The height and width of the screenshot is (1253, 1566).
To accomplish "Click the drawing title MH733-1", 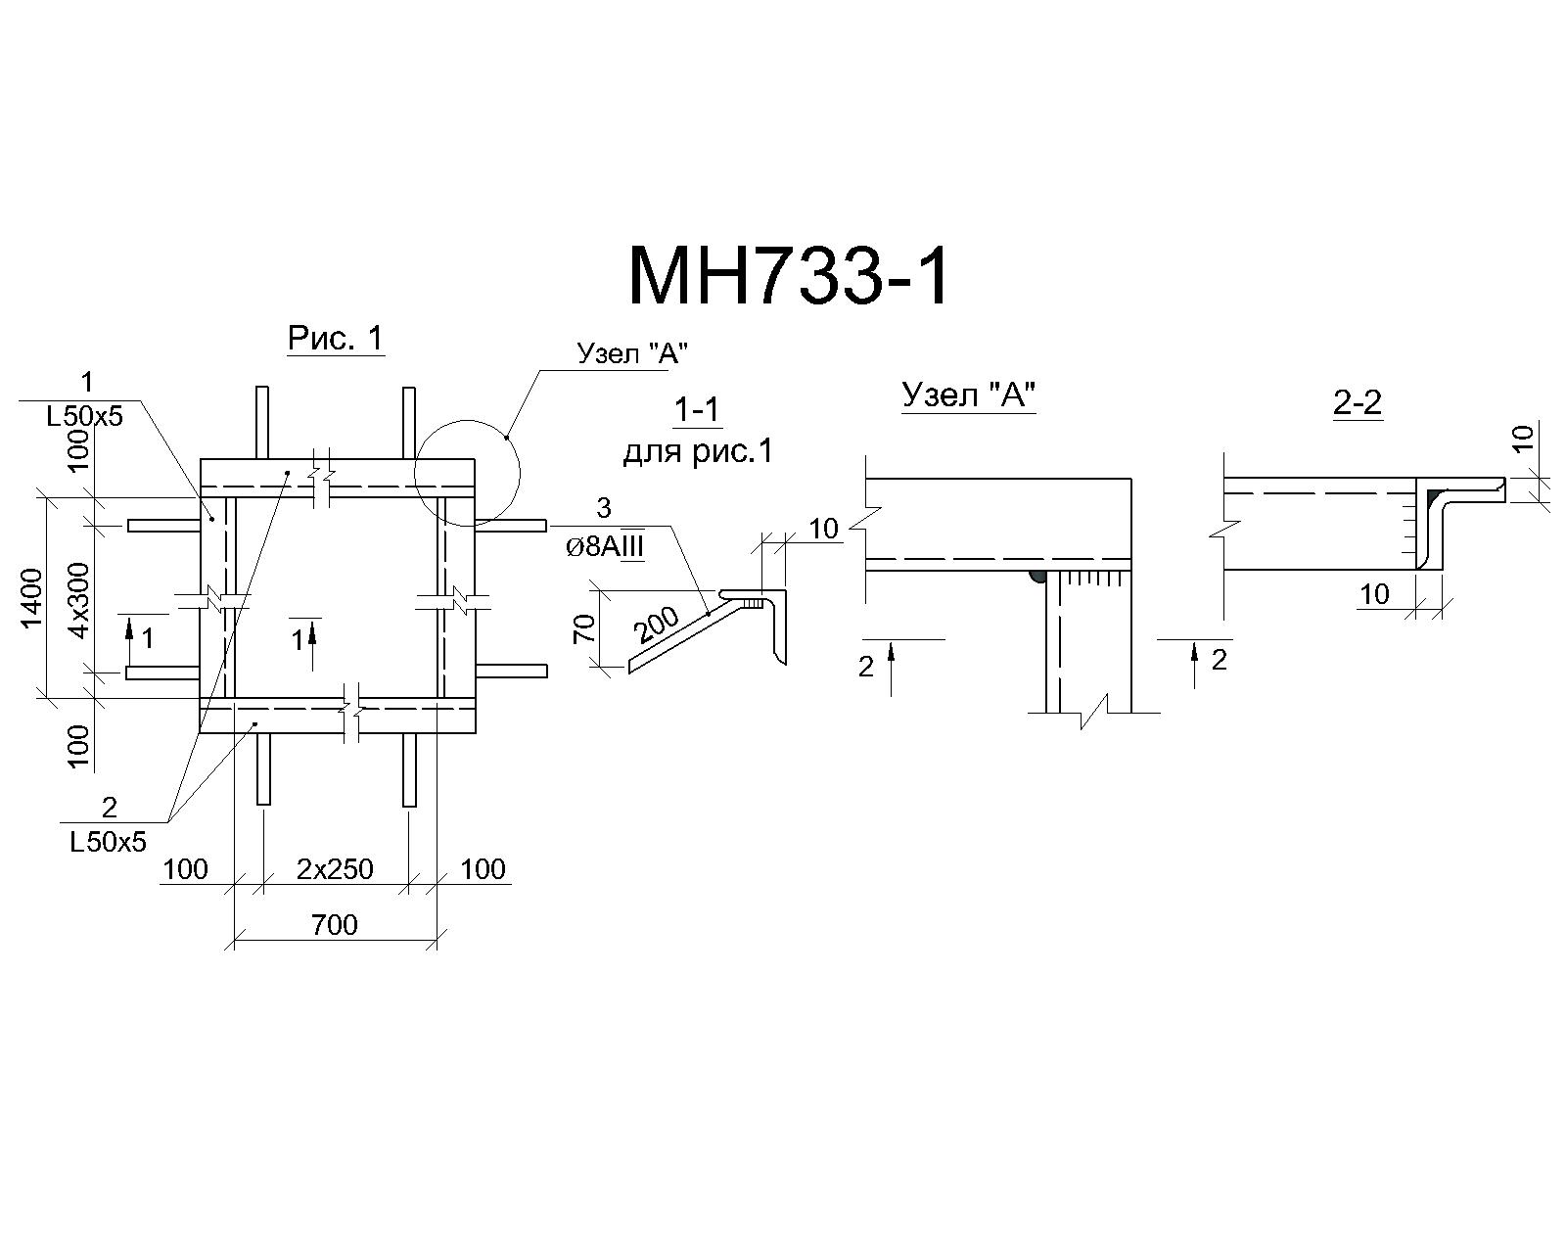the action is click(x=789, y=277).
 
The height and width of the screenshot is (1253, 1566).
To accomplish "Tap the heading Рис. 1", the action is click(x=336, y=338).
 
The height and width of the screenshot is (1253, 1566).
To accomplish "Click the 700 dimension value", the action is click(x=335, y=925).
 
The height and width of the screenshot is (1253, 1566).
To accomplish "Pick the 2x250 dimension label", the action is click(x=335, y=868).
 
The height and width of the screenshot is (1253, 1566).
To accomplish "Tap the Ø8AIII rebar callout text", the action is click(x=605, y=546).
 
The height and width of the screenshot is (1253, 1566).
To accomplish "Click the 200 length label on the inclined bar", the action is click(x=657, y=625).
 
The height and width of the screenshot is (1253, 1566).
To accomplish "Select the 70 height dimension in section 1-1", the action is click(x=584, y=628).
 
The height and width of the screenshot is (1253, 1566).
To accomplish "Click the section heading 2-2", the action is click(x=1358, y=402).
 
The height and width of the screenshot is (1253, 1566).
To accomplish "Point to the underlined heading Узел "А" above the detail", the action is click(x=969, y=394).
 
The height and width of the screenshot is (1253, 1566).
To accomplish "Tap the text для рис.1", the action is click(x=698, y=452).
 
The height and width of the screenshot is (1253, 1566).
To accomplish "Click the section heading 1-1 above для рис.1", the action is click(x=697, y=411).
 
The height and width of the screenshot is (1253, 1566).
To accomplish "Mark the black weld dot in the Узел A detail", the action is click(x=1036, y=577).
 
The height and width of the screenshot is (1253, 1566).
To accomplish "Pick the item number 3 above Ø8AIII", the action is click(x=603, y=508).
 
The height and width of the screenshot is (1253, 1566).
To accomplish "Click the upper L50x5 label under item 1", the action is click(x=84, y=417).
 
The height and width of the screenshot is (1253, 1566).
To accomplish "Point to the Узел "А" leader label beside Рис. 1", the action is click(x=632, y=353).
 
